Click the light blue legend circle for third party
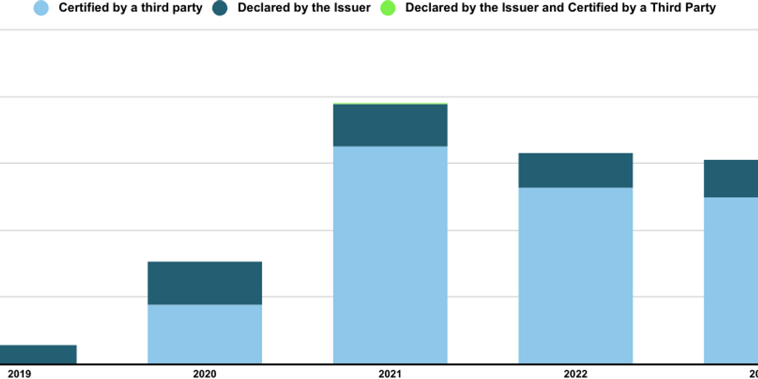tap(42, 8)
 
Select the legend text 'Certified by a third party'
tap(130, 8)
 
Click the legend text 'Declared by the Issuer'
tap(303, 8)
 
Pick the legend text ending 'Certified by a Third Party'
tap(560, 8)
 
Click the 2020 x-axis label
tap(205, 374)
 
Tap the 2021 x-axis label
tap(390, 374)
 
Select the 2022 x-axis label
tap(575, 374)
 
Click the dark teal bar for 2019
tap(37, 354)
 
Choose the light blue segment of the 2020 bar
tap(205, 334)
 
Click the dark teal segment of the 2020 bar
tap(205, 283)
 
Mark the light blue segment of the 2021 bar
tap(390, 255)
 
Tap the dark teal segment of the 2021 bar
tap(390, 125)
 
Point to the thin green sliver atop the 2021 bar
tap(390, 104)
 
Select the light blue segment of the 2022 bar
tap(575, 275)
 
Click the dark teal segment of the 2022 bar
tap(575, 170)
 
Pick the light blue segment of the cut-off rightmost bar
tap(731, 280)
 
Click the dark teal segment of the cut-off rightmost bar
tap(731, 178)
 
